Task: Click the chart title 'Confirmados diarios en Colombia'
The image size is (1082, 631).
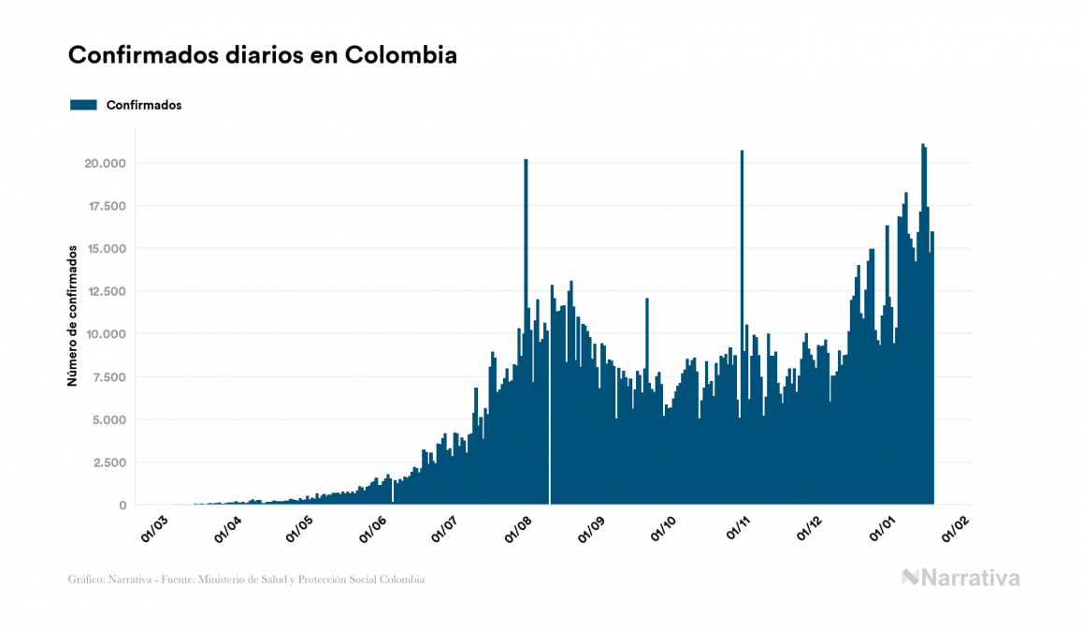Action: pyautogui.click(x=263, y=55)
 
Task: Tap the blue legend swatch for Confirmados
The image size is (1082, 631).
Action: pyautogui.click(x=83, y=105)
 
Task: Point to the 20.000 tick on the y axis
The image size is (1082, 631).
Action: pyautogui.click(x=105, y=163)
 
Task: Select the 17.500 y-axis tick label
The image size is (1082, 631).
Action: pyautogui.click(x=106, y=206)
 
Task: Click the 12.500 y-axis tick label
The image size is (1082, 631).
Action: pyautogui.click(x=106, y=291)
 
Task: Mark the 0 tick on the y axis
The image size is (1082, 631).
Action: pyautogui.click(x=123, y=506)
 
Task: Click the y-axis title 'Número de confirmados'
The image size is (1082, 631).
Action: pyautogui.click(x=72, y=316)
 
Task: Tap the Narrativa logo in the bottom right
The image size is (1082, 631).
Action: pyautogui.click(x=960, y=578)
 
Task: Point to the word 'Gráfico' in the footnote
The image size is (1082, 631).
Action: pyautogui.click(x=86, y=580)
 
